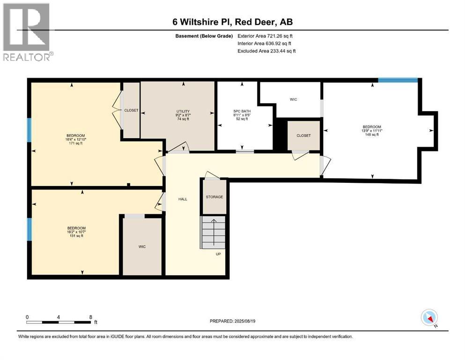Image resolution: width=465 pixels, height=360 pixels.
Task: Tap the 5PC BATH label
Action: (x=243, y=111)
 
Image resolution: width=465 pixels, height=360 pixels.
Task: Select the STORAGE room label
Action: (x=214, y=197)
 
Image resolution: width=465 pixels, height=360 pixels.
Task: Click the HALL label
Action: (x=183, y=199)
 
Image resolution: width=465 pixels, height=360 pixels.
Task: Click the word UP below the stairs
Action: (x=218, y=254)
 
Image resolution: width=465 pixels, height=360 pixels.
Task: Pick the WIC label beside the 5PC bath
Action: (x=294, y=99)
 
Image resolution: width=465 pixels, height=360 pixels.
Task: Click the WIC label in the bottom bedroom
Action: (x=142, y=247)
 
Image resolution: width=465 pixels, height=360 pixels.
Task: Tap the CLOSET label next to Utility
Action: (x=131, y=110)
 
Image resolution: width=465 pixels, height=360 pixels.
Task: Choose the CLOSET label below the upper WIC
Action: (x=303, y=135)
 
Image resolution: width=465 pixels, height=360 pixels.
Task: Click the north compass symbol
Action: (x=429, y=318)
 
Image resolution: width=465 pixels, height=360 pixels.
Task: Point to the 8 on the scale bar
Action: (x=90, y=317)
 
